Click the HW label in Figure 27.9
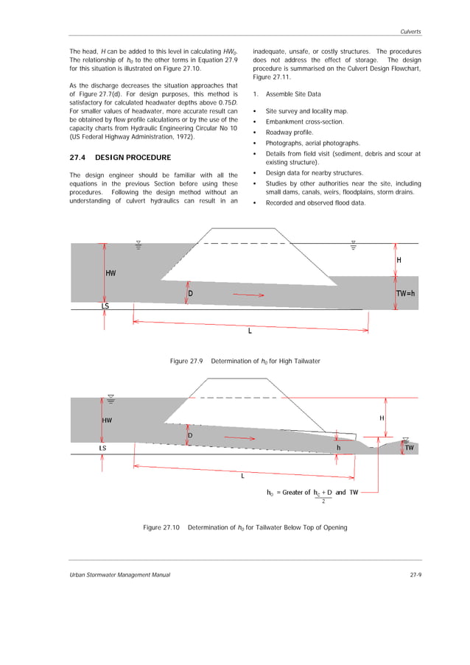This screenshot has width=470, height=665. pyautogui.click(x=111, y=272)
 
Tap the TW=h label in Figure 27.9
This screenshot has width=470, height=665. pyautogui.click(x=406, y=292)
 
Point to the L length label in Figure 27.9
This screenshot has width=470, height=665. pyautogui.click(x=250, y=331)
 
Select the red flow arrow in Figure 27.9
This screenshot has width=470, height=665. pyautogui.click(x=248, y=295)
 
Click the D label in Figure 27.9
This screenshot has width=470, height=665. pyautogui.click(x=190, y=293)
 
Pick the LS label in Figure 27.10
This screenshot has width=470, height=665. pyautogui.click(x=102, y=447)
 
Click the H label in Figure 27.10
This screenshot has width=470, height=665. pyautogui.click(x=382, y=418)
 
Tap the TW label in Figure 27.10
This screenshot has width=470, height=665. pyautogui.click(x=409, y=447)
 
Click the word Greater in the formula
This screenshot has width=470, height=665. pyautogui.click(x=296, y=492)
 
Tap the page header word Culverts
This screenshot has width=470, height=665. pyautogui.click(x=410, y=32)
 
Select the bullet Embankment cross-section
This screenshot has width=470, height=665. pyautogui.click(x=304, y=122)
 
